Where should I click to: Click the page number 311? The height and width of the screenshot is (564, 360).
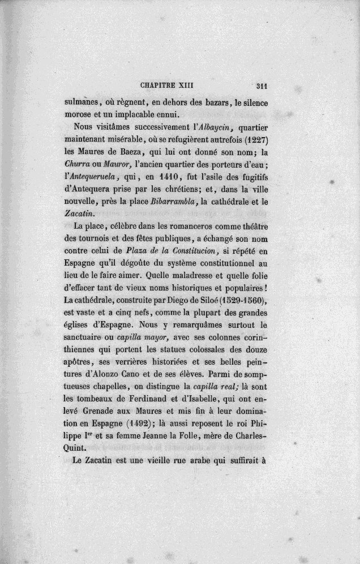(261, 87)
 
